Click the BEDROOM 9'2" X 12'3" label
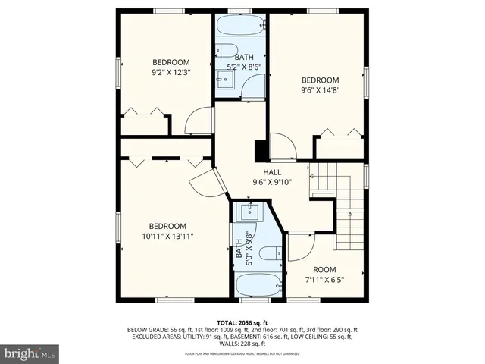click(x=171, y=67)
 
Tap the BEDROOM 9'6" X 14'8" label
click(x=320, y=84)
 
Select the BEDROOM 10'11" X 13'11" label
click(x=167, y=231)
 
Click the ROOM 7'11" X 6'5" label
click(x=324, y=275)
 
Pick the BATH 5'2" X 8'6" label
click(x=244, y=62)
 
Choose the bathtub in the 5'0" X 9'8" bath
click(x=258, y=287)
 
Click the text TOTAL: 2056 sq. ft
click(x=242, y=322)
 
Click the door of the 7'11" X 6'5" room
click(x=299, y=246)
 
